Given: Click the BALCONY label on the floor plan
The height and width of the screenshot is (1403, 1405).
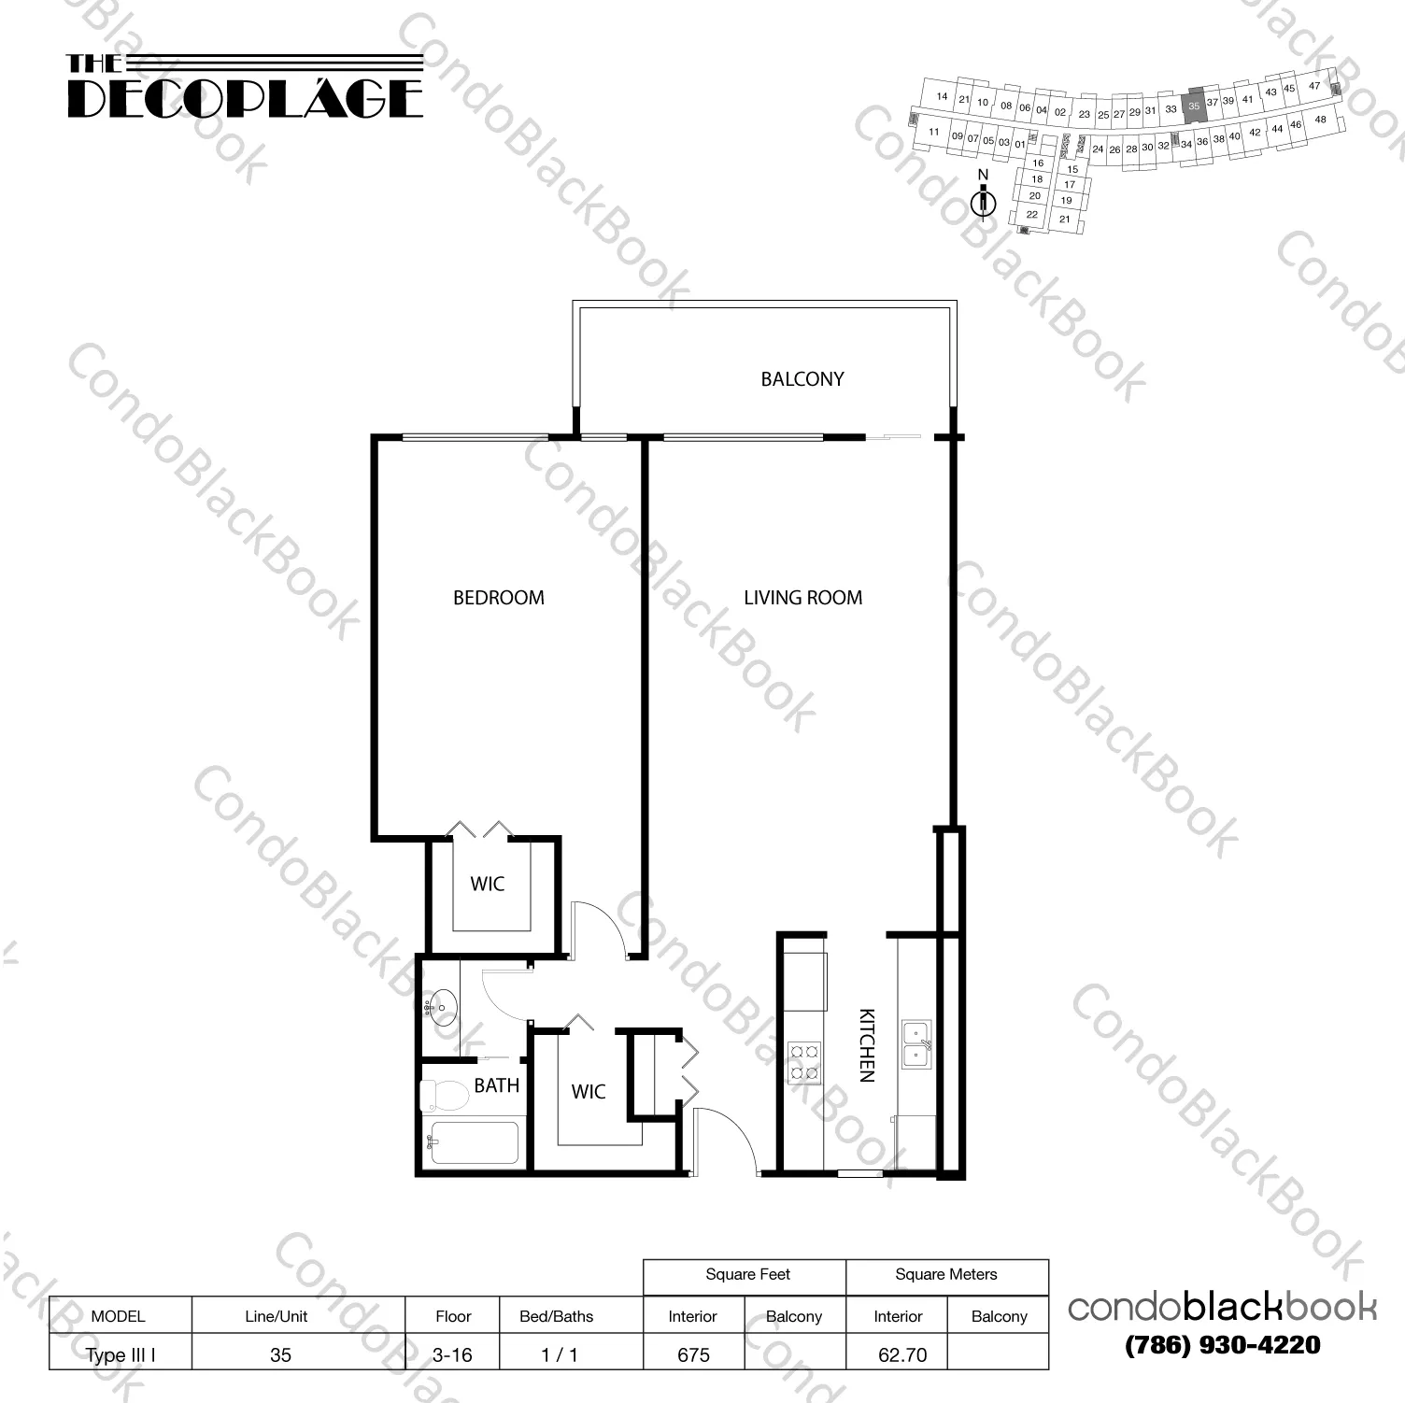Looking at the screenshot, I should pos(802,379).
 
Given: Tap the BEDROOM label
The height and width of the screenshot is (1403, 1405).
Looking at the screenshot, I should pos(498,598).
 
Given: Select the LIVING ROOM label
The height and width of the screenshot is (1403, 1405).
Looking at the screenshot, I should pos(802,598).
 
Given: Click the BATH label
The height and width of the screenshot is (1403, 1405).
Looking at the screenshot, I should pos(496,1085).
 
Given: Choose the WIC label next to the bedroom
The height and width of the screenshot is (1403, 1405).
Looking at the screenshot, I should pos(487,884).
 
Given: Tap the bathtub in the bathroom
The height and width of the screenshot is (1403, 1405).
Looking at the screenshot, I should pos(472,1142).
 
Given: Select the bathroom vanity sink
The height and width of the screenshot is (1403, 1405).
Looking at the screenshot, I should pos(442,1008).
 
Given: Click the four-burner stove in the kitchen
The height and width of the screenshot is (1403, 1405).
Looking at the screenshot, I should pos(804,1061).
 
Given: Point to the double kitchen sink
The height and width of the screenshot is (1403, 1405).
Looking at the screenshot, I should pos(916,1044).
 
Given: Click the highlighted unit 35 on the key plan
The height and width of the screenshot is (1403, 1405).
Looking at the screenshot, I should pos(1193,106).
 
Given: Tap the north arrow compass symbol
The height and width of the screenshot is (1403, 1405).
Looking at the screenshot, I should pos(982,201).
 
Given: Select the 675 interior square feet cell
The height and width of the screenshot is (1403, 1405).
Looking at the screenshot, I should pos(693,1354).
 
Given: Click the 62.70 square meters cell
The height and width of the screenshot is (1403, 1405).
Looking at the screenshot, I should pos(901,1354).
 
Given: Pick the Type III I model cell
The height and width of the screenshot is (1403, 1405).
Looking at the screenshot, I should pos(120,1354).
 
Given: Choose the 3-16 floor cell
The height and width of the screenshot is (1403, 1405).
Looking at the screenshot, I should pos(452,1354).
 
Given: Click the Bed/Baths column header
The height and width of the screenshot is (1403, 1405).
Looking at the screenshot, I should pos(556,1316).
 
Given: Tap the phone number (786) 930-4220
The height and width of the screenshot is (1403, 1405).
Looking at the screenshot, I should pos(1222,1345).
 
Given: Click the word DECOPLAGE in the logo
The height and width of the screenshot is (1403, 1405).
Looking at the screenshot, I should pos(245,98).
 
